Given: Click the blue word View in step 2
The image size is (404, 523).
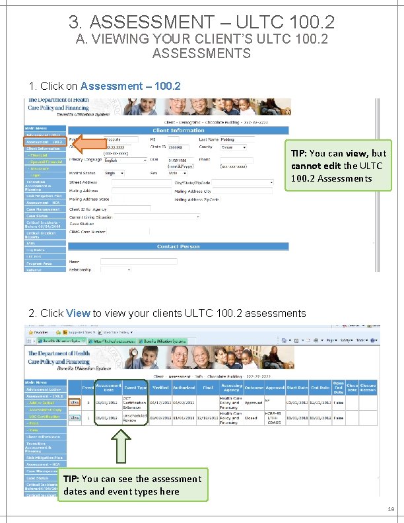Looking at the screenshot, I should coord(78,313).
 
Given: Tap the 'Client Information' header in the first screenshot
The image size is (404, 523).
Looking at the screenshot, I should coord(178,131).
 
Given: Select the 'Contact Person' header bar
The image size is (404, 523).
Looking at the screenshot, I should coord(178,246).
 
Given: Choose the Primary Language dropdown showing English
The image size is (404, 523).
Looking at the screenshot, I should coord(125,160).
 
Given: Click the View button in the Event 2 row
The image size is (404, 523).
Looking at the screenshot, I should coord(75,402).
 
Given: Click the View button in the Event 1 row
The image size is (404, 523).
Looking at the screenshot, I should coord(75,417).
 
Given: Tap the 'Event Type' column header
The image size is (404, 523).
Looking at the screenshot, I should coord(135,388).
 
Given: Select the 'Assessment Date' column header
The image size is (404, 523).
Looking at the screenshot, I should coord(108,388).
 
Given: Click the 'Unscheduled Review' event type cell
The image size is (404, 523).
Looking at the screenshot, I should coord(135,417).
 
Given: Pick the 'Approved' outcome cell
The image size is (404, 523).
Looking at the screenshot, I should coord(254,402).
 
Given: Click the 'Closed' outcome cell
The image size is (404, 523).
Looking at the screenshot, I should coord(252,417).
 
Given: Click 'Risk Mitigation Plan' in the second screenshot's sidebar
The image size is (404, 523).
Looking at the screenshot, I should coord(45,458).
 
